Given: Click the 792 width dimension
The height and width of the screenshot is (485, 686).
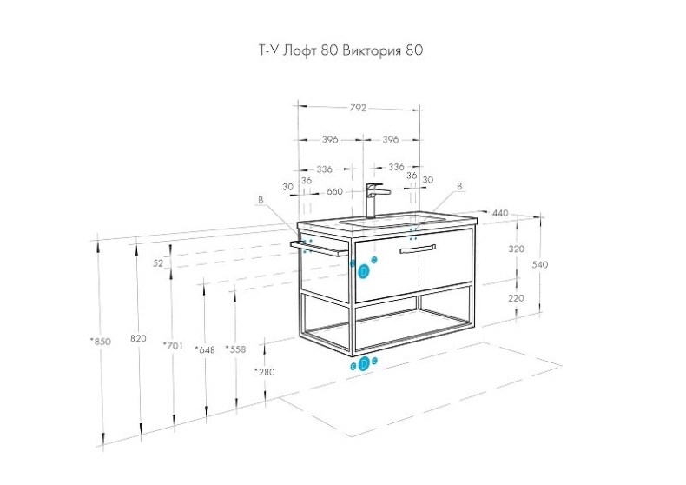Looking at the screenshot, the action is pos(358,108).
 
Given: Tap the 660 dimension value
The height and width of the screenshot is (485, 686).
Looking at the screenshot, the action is pos(334,192).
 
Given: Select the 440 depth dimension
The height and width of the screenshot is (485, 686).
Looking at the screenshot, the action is pos(500,213).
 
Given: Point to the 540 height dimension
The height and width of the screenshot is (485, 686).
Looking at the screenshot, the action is pos(540,265).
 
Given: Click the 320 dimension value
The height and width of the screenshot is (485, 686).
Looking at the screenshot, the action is pos(517,249).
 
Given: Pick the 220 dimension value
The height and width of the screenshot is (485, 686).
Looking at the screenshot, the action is pos(517,298).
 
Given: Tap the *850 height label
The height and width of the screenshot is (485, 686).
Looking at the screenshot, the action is pos(101,342).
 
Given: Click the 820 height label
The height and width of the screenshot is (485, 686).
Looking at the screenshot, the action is pos(138,338).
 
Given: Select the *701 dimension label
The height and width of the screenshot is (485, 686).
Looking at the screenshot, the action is pos(173,346).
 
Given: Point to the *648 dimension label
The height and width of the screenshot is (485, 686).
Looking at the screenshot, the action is pos(205,349).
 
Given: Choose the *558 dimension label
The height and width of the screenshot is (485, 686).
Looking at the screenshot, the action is pos(235,349).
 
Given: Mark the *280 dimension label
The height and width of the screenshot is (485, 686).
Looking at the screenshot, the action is pos(265,372).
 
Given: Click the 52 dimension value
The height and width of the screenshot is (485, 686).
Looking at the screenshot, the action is pos(158,263).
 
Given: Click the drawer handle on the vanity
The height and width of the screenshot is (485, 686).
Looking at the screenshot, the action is pos(418,249).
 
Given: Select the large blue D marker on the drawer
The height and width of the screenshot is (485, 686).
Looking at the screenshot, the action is pos(364,272).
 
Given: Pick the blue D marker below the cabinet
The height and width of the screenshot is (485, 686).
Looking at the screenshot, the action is pos(364,363).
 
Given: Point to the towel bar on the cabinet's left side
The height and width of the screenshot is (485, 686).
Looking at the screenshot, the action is pos(319,248).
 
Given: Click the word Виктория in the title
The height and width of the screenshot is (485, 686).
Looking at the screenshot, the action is pos(372,50).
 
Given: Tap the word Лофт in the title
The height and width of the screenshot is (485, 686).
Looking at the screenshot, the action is pos(300,50).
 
